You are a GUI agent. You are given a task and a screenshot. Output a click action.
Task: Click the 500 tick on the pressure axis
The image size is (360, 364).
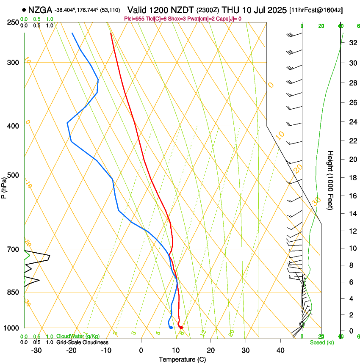[13, 175]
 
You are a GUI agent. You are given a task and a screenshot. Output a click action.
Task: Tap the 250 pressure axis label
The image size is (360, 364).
[13, 22]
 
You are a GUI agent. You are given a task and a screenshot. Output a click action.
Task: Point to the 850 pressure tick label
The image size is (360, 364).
[13, 292]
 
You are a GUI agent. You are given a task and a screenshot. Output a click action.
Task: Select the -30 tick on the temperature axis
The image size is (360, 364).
[36, 350]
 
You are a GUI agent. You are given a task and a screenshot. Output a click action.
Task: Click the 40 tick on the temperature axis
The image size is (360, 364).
[280, 350]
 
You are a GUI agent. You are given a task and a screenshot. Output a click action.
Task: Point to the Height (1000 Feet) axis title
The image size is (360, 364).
[331, 180]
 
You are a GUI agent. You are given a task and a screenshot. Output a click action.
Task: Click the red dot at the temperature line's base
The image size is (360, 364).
[181, 328]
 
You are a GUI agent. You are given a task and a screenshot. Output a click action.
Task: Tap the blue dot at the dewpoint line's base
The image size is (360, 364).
[171, 328]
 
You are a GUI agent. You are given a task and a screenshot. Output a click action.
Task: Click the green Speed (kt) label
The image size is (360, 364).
[321, 342]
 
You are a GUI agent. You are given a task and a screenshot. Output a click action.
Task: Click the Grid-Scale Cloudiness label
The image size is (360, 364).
[82, 342]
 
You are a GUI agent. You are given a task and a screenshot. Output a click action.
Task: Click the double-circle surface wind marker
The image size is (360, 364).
[302, 324]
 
